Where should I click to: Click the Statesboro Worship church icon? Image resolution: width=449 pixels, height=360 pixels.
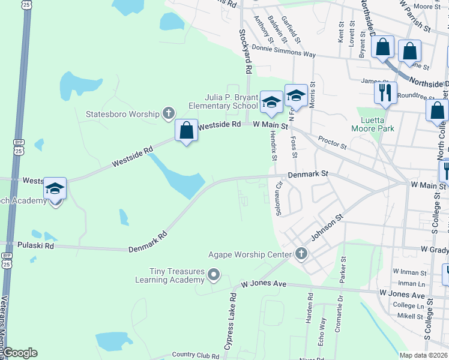point(169,113)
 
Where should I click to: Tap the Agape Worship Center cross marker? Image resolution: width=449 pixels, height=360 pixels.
point(301,254)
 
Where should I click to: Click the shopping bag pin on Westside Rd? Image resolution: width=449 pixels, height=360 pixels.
point(187,130)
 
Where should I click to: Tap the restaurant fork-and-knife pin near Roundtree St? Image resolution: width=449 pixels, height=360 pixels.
point(384,92)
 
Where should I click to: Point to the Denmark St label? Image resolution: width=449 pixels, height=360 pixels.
point(308,174)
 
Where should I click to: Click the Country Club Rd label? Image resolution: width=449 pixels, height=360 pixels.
point(195,355)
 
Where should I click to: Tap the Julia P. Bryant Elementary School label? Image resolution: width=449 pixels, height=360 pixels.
point(223,101)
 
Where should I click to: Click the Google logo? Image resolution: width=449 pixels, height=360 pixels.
point(20,353)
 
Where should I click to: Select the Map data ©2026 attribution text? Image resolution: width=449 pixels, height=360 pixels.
point(423,355)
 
